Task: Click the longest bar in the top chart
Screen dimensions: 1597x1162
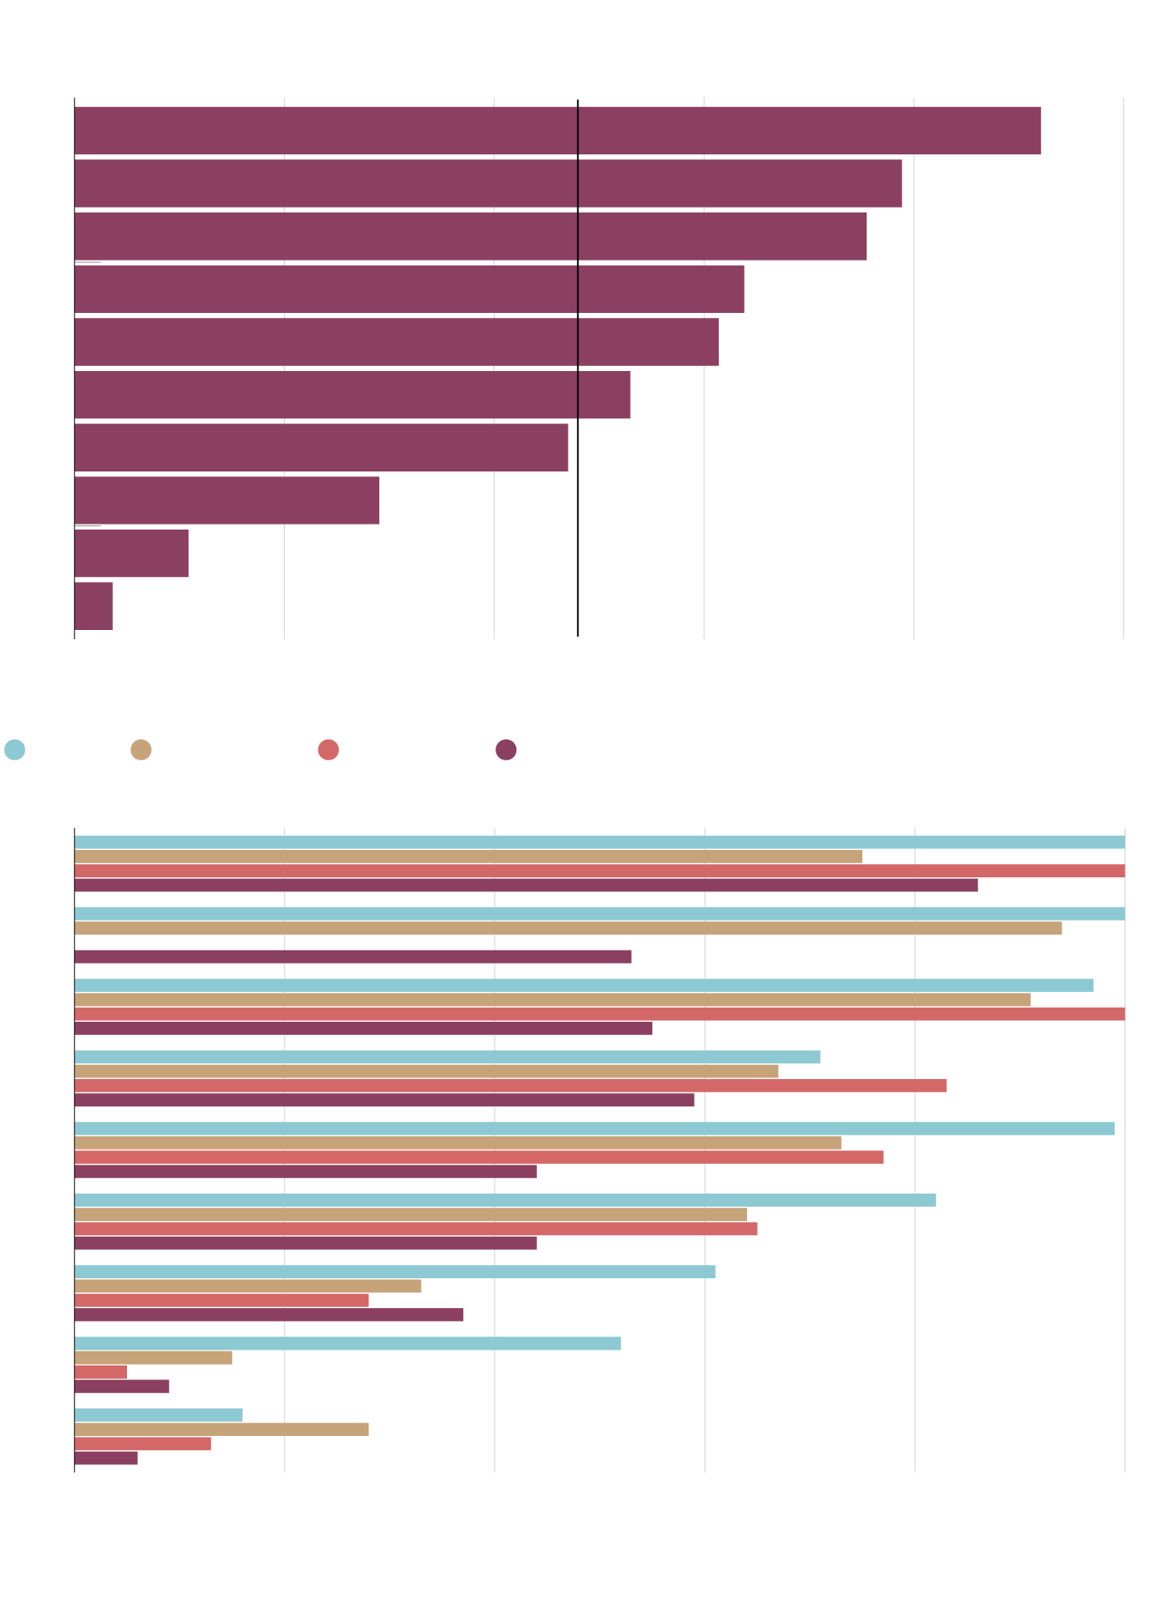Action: click(x=556, y=130)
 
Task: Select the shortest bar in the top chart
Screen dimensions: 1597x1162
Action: click(x=93, y=606)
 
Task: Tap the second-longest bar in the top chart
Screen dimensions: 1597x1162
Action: click(x=488, y=183)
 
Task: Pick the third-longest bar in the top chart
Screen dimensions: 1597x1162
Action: click(x=470, y=237)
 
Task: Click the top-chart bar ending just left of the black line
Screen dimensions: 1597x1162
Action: click(x=321, y=447)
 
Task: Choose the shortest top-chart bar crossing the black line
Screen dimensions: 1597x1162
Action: click(x=352, y=394)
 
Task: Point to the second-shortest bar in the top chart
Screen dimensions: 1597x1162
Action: click(x=131, y=553)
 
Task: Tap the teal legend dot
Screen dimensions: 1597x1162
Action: click(x=15, y=750)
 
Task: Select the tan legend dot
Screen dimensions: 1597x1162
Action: click(x=141, y=750)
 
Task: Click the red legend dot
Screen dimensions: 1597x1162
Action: click(x=329, y=750)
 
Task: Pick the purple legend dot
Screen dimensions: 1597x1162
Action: click(x=506, y=750)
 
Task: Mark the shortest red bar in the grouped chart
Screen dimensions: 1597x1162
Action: click(x=100, y=1372)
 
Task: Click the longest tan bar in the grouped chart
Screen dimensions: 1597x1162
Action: click(x=568, y=928)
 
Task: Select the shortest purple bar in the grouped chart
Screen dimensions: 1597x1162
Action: click(x=105, y=1458)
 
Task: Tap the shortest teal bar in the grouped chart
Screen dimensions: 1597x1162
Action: click(x=158, y=1414)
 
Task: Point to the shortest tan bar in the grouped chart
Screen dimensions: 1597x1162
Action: click(x=153, y=1358)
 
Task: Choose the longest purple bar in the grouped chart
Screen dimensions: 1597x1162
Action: click(x=525, y=885)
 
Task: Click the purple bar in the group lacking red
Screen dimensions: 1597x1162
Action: click(x=353, y=957)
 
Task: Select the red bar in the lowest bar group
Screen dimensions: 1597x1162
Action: click(x=142, y=1443)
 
